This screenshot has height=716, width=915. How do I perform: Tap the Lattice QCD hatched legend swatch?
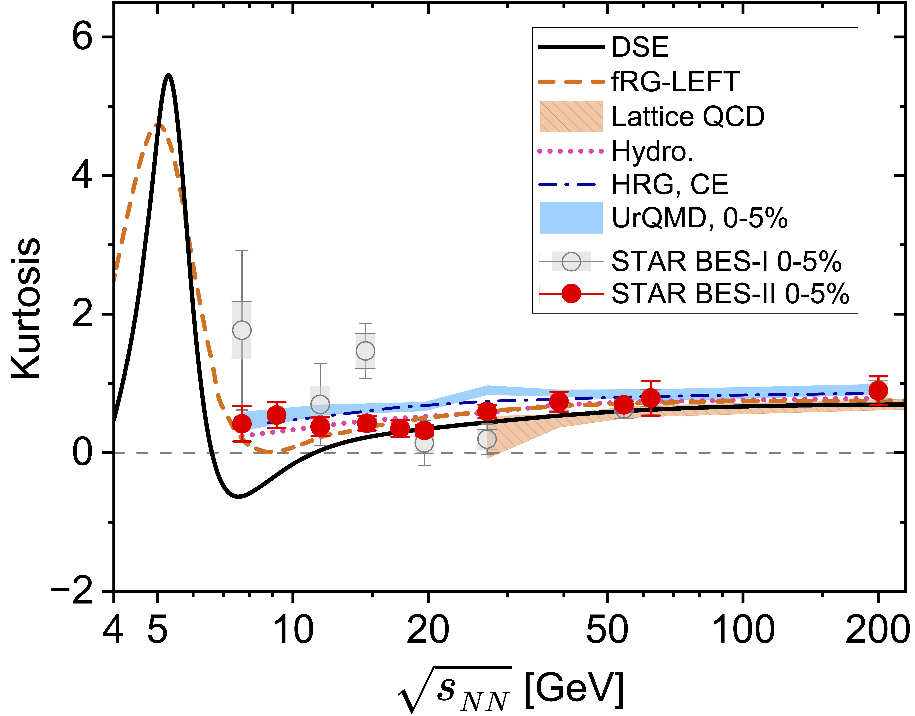[x=571, y=116]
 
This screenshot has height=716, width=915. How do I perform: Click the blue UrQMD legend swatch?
[x=571, y=218]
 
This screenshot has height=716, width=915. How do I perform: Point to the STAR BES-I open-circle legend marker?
[x=571, y=262]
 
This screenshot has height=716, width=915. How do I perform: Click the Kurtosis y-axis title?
[x=26, y=308]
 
